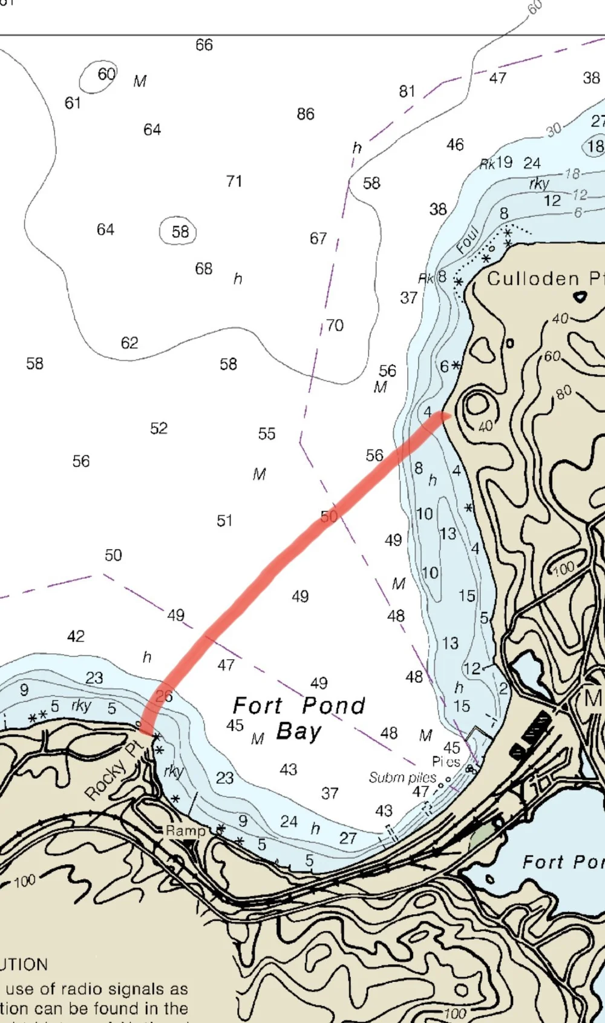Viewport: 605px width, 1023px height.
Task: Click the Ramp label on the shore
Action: [186, 831]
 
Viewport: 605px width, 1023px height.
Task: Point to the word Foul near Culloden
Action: [468, 240]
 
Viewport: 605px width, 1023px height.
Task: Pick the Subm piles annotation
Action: [402, 777]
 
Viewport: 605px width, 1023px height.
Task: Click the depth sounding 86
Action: [306, 114]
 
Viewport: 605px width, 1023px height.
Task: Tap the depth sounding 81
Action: [407, 91]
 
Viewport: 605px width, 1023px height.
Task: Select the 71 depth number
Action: [234, 181]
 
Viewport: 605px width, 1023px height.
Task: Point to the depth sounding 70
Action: [335, 326]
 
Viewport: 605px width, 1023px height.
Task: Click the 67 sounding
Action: [318, 238]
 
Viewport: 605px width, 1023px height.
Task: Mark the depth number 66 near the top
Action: [204, 45]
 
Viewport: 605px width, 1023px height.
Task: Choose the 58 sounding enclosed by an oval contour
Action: [180, 232]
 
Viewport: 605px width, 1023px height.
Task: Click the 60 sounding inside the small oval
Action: [106, 74]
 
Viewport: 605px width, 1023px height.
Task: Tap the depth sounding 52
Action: [159, 429]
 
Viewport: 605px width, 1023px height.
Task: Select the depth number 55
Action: [267, 434]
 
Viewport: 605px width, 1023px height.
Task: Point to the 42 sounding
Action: [76, 636]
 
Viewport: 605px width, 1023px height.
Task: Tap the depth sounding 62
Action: [129, 343]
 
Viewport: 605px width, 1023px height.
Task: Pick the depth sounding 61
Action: [73, 104]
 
